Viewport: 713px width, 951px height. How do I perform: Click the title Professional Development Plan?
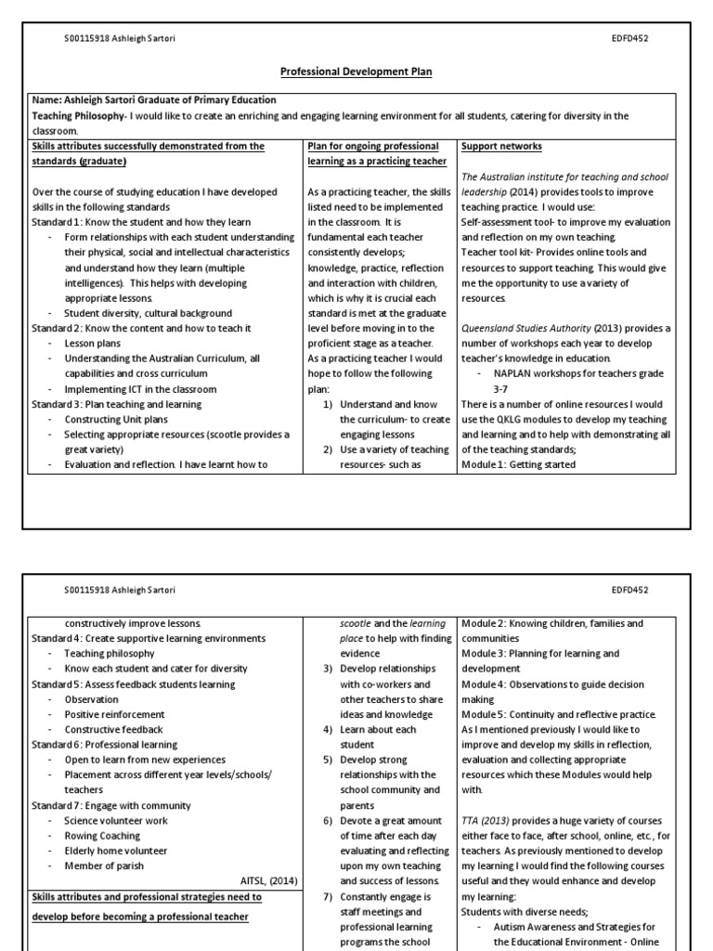point(356,72)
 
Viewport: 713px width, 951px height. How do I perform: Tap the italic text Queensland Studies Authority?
point(525,329)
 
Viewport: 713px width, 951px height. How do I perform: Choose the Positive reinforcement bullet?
point(114,714)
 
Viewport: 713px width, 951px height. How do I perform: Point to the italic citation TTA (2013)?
point(492,821)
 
